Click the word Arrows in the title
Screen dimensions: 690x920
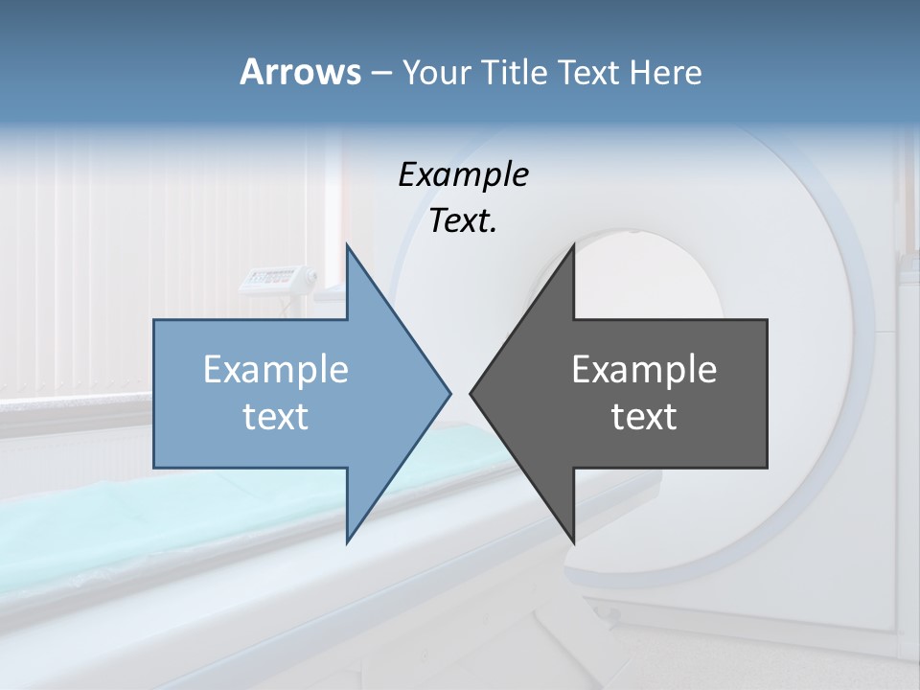299,72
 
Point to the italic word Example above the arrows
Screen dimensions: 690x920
463,175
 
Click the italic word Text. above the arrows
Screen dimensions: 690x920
463,221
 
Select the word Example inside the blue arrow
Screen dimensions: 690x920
276,370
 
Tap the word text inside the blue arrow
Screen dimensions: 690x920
276,417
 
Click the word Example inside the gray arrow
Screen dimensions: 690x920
644,370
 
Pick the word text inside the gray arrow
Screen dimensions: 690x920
644,417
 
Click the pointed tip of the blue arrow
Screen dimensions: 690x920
449,393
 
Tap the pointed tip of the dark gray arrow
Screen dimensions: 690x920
471,393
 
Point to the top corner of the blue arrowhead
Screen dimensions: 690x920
347,245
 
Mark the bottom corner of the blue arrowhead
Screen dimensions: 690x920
347,541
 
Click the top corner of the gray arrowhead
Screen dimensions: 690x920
573,245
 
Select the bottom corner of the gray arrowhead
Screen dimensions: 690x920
573,541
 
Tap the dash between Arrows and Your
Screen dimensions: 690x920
379,73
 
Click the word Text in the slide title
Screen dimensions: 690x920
589,72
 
